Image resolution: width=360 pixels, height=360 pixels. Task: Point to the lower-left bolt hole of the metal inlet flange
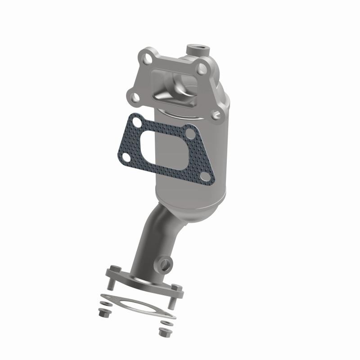coord(133,95)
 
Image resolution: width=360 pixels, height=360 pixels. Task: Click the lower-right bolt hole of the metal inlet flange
coord(218,115)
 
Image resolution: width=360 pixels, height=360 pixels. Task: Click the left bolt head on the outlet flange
coord(114,268)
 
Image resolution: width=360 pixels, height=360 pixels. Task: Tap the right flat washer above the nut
coord(166,323)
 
